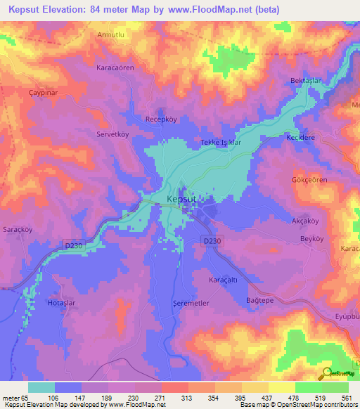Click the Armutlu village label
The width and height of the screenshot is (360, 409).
[109, 33]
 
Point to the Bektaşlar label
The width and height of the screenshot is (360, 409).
[305, 81]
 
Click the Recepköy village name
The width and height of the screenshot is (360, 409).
[160, 119]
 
